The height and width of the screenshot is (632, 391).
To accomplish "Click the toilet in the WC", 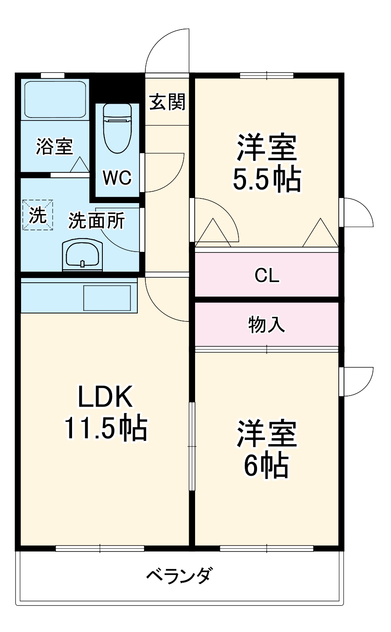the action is click(x=118, y=129).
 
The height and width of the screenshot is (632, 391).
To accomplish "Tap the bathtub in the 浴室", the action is click(x=55, y=99).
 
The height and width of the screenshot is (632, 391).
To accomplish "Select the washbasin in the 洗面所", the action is click(x=83, y=255).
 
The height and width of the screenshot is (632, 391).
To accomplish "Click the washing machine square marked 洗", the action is click(x=38, y=215).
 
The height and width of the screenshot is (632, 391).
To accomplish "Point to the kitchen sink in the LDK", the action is click(x=107, y=298).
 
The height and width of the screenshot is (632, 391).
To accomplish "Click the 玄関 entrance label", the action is click(x=167, y=102).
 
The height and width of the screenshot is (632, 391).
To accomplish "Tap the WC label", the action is click(x=117, y=177).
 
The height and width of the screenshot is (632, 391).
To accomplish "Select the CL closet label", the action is click(x=267, y=275).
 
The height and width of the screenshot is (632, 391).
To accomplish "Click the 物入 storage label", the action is click(x=267, y=324).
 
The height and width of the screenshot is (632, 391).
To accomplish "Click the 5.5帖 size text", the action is click(x=267, y=179).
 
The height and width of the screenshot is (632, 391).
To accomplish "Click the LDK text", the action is click(x=105, y=396).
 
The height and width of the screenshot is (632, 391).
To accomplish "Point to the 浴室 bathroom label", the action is click(x=54, y=147).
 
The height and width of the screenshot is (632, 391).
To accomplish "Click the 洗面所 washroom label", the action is click(x=97, y=220).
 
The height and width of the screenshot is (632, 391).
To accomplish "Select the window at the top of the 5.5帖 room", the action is click(x=267, y=75).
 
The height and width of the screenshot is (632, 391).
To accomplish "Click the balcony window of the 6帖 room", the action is click(x=267, y=548).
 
